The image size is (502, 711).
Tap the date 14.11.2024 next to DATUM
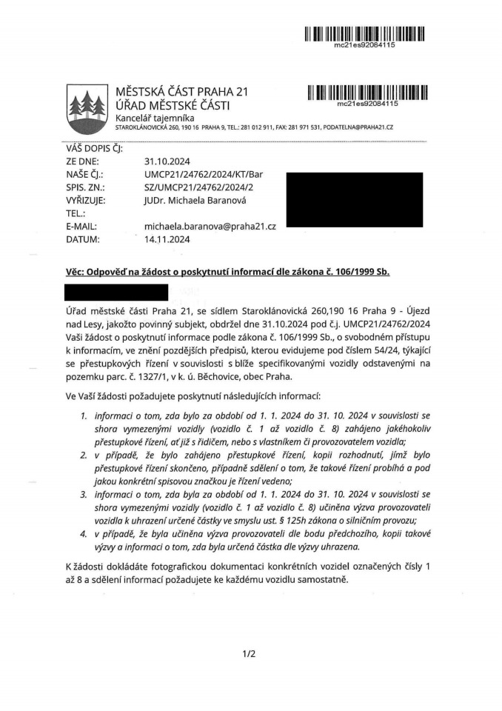[168, 239]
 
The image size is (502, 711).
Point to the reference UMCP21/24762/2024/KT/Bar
[204, 173]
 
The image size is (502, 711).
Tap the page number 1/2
[248, 654]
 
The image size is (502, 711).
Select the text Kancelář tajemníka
[155, 118]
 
